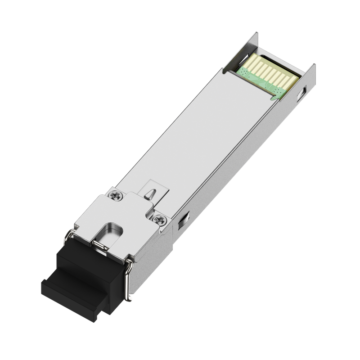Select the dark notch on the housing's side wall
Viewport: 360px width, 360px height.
click(x=184, y=220)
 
